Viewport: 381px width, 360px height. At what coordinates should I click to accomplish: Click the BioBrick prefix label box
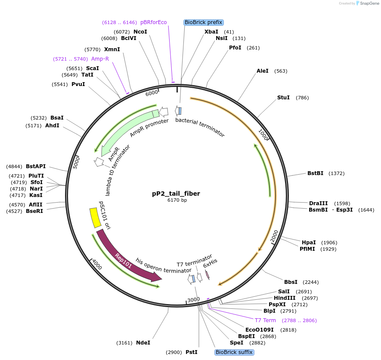click(x=203, y=22)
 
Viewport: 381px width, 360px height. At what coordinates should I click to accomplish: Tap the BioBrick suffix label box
click(x=234, y=352)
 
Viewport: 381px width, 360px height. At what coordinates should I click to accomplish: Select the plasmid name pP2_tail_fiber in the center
click(x=176, y=194)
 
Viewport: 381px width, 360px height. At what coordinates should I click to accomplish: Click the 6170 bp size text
click(x=177, y=200)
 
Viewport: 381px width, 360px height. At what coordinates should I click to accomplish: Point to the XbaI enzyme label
click(x=211, y=32)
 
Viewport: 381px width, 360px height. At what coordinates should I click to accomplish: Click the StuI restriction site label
click(x=283, y=98)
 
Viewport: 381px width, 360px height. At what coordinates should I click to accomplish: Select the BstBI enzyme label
click(x=315, y=173)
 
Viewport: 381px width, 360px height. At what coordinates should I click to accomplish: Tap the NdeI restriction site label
click(x=143, y=343)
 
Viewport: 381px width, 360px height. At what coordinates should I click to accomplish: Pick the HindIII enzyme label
click(x=285, y=298)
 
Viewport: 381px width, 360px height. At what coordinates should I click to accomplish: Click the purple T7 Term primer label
click(x=265, y=320)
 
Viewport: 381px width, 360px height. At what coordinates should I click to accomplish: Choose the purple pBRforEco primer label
click(x=153, y=22)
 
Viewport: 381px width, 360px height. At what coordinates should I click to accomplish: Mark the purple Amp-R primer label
click(x=100, y=59)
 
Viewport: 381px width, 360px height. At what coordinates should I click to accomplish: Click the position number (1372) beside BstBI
click(x=336, y=173)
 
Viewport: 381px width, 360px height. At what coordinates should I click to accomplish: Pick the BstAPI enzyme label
click(x=36, y=166)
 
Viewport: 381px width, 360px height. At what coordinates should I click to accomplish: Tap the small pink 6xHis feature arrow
click(x=207, y=274)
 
